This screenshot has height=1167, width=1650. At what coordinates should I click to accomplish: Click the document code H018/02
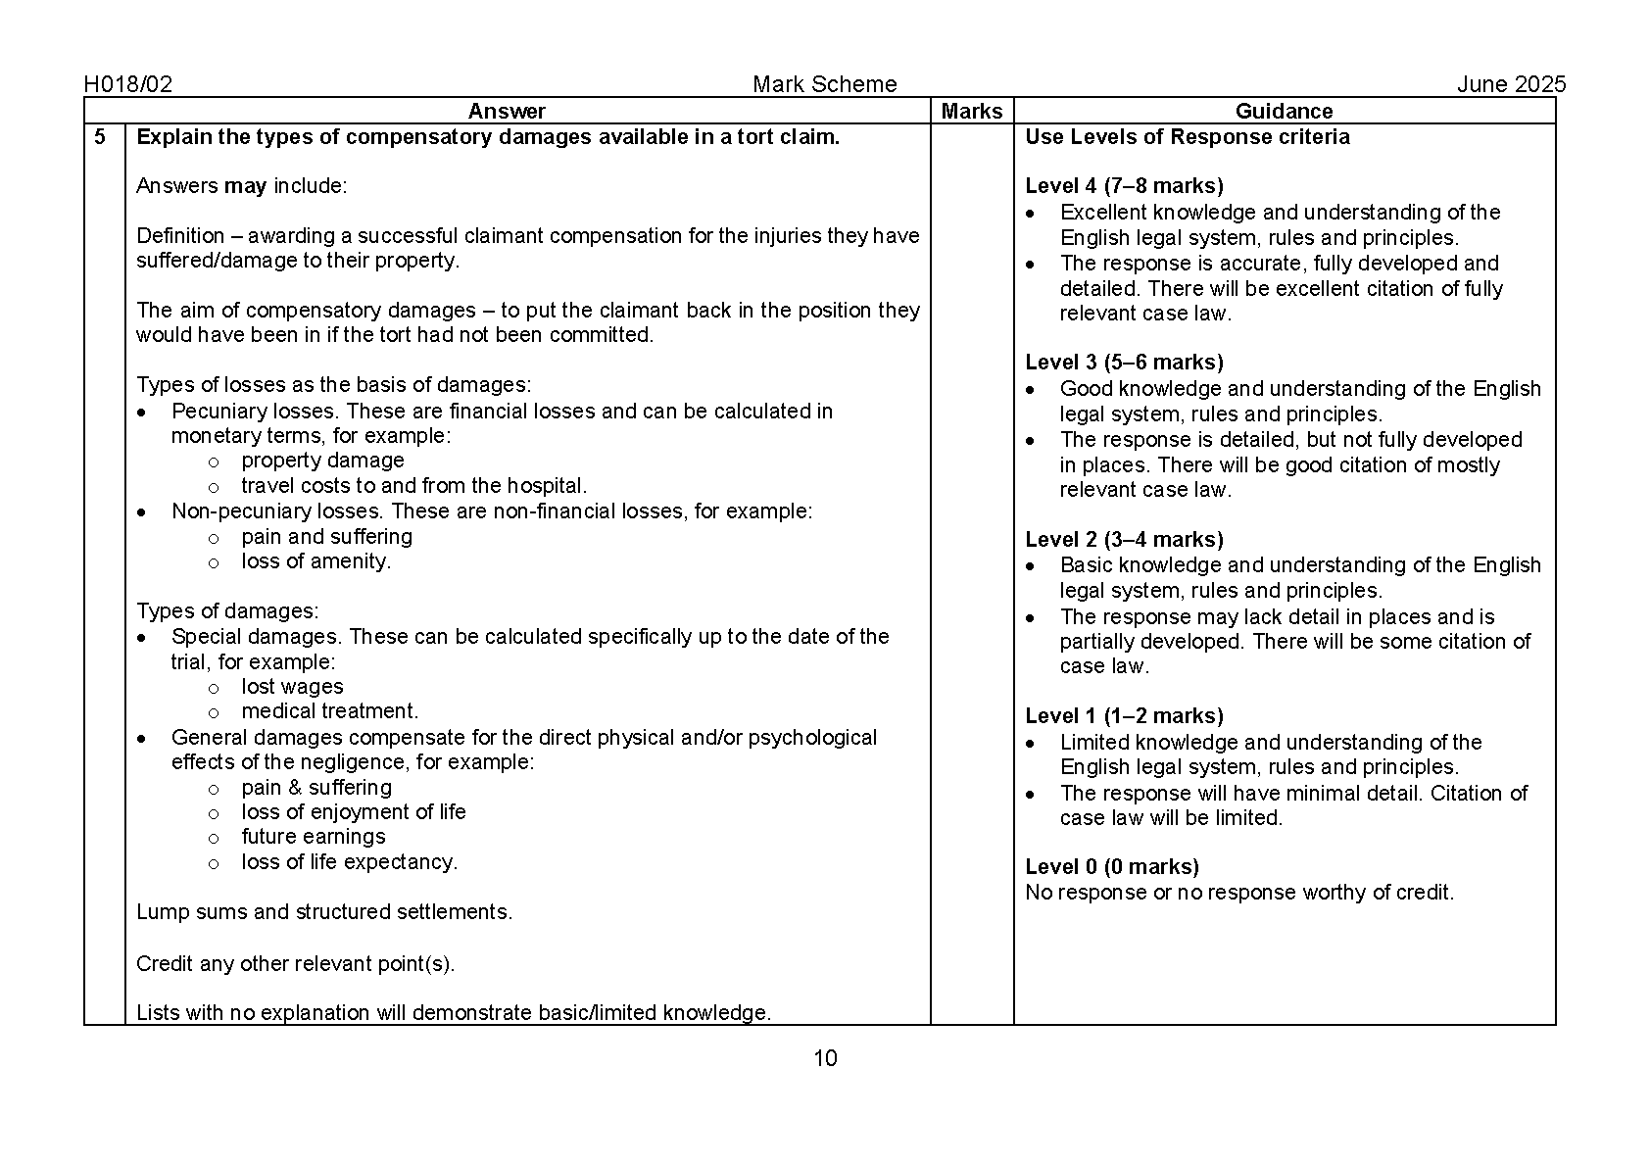(128, 84)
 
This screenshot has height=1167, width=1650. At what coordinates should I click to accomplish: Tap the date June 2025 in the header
(1511, 84)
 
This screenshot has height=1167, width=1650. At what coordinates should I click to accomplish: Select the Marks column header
(971, 111)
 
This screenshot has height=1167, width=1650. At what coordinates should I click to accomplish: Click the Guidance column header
(1284, 111)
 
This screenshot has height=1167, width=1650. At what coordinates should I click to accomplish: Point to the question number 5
(100, 137)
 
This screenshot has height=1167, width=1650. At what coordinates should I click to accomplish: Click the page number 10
(825, 1058)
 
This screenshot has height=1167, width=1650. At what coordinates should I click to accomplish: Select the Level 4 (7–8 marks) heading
(1124, 186)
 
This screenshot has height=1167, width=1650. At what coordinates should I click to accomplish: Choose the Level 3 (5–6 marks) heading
(1124, 363)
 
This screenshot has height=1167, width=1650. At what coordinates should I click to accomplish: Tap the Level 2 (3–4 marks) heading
(1124, 540)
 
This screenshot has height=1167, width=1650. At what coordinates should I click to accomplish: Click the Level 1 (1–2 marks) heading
(1124, 716)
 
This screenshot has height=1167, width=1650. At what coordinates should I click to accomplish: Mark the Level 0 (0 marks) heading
(1112, 867)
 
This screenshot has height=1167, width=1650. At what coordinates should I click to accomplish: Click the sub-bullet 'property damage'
(322, 461)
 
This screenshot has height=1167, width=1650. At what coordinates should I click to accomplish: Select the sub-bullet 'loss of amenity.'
(315, 561)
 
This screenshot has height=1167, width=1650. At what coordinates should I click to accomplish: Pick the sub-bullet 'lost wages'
(292, 687)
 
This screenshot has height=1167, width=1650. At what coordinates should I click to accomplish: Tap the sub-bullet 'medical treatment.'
(329, 711)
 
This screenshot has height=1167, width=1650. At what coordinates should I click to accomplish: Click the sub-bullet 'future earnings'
(314, 837)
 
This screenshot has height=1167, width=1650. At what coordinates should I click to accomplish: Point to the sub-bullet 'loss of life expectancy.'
(349, 862)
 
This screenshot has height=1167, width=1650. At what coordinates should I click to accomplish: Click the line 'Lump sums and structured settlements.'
(324, 912)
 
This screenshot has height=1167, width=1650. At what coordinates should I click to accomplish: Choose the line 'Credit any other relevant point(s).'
(296, 964)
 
